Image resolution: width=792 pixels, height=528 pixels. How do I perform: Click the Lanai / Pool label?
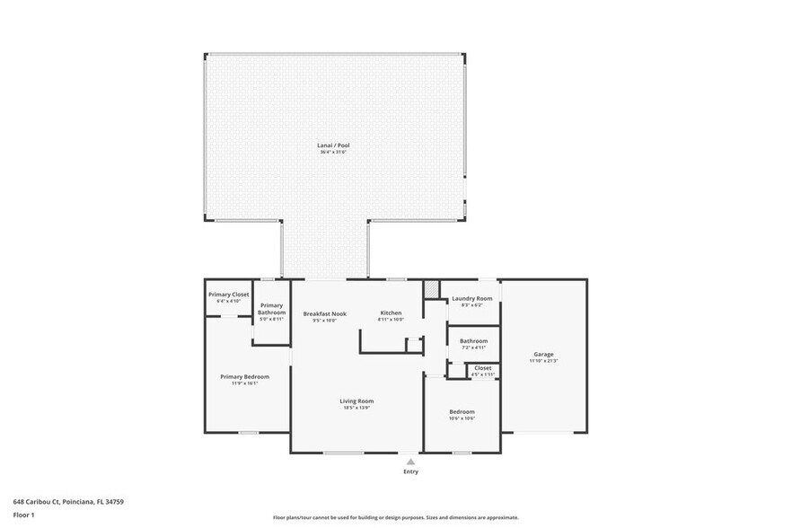point(332,145)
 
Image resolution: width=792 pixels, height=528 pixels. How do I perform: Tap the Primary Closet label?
point(228,295)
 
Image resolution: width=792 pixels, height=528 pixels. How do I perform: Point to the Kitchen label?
point(391,313)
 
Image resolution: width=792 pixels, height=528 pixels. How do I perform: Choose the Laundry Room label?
point(471,298)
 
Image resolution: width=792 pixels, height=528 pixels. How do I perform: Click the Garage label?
point(543,354)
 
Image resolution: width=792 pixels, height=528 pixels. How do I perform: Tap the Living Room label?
point(356,400)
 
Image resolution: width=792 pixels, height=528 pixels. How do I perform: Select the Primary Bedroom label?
point(244,376)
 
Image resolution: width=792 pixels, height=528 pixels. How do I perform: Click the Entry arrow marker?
point(410,461)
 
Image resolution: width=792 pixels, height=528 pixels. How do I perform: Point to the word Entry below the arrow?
point(410,471)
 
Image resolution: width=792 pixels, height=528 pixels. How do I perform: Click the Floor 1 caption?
point(23,515)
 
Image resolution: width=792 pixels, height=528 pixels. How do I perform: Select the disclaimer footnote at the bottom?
point(395,518)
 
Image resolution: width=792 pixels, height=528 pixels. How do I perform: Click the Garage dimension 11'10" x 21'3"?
point(543,361)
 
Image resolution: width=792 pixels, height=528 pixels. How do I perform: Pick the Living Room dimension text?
point(356,408)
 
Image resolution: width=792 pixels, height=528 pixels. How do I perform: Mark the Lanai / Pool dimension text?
point(332,152)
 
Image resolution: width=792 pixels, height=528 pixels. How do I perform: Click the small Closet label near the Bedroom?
point(482,367)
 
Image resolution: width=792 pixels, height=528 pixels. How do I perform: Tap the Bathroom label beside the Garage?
point(473,341)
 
